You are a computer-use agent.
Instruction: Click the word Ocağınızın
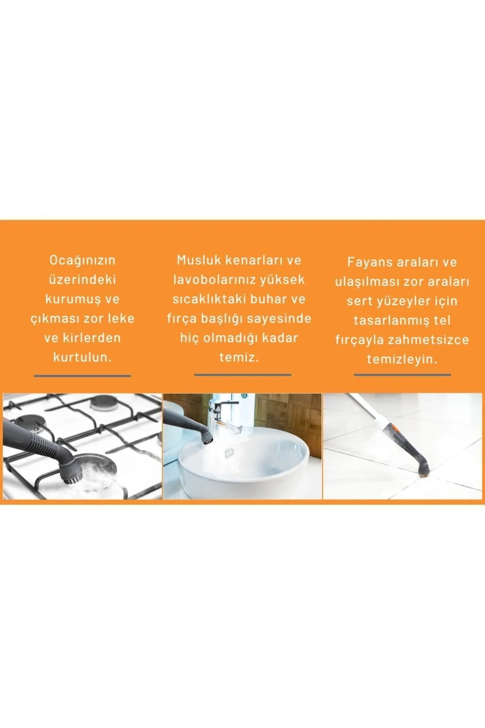[x=82, y=260]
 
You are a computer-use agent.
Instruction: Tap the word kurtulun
[x=82, y=357]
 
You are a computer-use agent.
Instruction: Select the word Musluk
[x=199, y=260]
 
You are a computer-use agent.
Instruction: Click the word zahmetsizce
[x=428, y=340]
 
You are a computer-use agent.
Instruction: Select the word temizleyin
[x=402, y=359]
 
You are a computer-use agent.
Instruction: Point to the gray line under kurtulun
[x=82, y=376]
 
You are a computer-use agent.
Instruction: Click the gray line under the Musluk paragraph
[x=242, y=375]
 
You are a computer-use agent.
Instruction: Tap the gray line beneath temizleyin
[x=403, y=375]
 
